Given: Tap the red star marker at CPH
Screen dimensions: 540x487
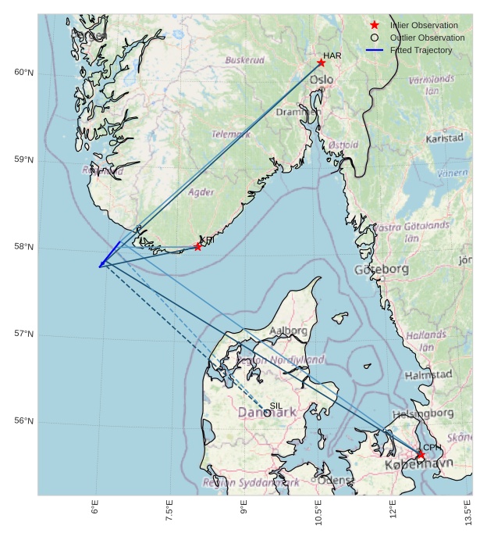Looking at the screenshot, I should [x=421, y=455].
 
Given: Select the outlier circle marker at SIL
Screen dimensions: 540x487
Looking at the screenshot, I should [x=268, y=413].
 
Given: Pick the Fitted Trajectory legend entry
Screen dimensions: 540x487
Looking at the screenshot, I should [x=421, y=50].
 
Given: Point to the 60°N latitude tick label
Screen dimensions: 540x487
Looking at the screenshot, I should [x=24, y=73].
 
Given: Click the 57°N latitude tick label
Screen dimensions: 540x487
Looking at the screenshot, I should [x=24, y=334].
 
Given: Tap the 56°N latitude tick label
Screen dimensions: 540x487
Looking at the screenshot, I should [x=24, y=421].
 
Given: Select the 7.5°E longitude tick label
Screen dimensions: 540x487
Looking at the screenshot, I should [x=169, y=512].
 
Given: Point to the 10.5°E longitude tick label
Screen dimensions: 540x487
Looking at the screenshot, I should [x=318, y=512].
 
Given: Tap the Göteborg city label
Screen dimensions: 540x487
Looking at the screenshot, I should [x=381, y=270].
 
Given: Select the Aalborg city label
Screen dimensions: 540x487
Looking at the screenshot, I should [x=288, y=331].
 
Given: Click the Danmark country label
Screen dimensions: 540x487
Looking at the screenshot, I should [x=267, y=412].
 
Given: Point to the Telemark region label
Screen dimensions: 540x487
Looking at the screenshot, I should [x=231, y=134].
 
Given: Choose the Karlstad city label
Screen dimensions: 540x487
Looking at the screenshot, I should [x=444, y=138].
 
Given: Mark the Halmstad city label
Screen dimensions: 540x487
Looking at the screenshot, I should [x=428, y=375].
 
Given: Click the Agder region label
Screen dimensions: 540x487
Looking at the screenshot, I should [x=201, y=192].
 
